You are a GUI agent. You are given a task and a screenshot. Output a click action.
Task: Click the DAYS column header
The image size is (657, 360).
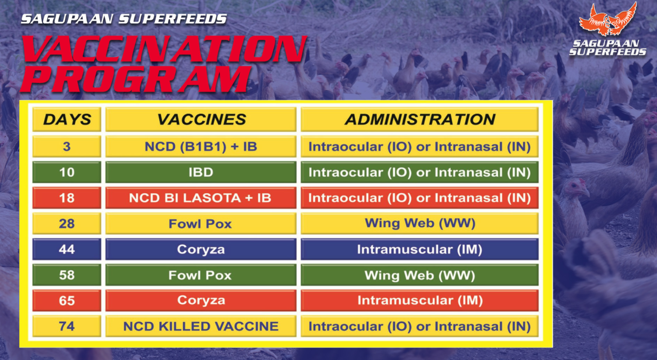tap(67, 119)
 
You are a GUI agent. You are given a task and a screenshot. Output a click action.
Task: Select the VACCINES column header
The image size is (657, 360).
tap(201, 119)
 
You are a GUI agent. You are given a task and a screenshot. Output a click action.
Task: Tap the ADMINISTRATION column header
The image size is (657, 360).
tap(420, 119)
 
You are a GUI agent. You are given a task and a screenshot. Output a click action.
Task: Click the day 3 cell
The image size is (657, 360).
tap(67, 147)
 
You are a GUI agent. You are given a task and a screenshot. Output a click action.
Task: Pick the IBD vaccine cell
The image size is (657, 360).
tap(201, 172)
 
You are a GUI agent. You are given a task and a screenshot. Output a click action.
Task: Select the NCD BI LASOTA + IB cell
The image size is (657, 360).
tap(201, 198)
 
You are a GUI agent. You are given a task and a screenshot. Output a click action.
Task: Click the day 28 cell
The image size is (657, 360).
tap(67, 224)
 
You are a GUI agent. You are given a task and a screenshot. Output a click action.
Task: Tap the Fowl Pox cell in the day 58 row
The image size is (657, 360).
tap(201, 275)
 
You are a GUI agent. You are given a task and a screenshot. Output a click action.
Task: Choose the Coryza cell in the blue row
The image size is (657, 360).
tap(201, 249)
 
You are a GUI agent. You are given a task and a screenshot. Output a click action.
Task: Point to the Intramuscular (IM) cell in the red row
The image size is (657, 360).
tap(420, 301)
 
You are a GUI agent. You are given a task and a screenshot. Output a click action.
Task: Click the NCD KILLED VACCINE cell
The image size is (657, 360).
tap(201, 326)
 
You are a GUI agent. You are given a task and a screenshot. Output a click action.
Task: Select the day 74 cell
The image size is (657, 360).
tap(67, 326)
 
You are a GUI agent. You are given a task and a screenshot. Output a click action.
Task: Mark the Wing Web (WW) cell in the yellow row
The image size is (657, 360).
tap(420, 224)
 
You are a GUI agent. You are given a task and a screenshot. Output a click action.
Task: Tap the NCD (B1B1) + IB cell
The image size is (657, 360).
tap(201, 147)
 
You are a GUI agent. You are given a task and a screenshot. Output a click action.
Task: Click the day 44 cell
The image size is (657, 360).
tap(67, 249)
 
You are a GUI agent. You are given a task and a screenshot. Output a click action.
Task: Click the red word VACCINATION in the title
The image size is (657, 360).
tap(165, 49)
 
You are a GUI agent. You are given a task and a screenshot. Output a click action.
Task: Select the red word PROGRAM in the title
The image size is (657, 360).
tap(137, 79)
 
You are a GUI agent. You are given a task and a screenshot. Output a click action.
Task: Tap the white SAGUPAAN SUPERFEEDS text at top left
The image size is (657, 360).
tap(124, 19)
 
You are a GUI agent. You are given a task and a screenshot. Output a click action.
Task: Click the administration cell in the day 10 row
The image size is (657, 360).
tap(420, 172)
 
